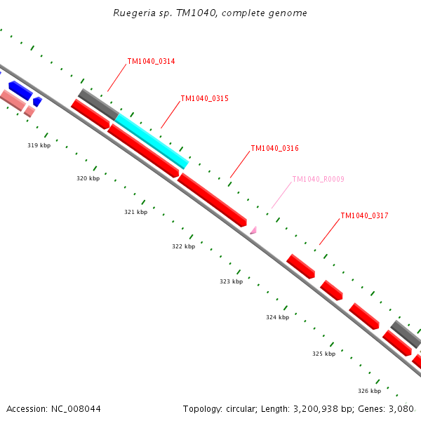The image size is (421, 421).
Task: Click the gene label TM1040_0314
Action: coord(151,62)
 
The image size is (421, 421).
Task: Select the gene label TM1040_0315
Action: coord(204,99)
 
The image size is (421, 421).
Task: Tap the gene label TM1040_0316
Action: coord(274,149)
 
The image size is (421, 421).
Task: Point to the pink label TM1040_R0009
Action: coord(318,180)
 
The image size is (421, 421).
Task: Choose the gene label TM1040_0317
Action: coord(364,216)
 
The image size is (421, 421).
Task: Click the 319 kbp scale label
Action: coord(39,145)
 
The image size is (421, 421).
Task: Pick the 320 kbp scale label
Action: coord(88,179)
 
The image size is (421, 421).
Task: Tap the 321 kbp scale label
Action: coord(135,212)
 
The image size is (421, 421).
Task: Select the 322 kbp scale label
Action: coord(183,247)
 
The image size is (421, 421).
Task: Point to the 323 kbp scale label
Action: coord(231,281)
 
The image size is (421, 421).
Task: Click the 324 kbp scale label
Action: coord(277,317)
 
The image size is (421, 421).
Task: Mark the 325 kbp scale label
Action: coord(323,354)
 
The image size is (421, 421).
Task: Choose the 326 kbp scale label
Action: coord(369,391)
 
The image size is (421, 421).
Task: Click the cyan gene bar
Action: coord(152,141)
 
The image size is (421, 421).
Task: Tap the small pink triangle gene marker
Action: coord(253,229)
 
